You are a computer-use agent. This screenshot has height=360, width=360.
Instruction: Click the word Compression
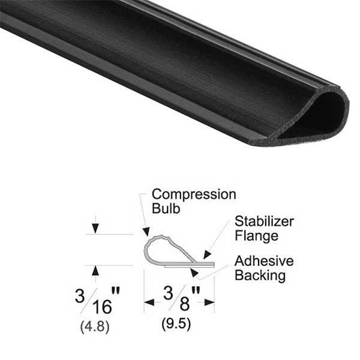point(193,194)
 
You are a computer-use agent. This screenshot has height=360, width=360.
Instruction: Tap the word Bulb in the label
point(165,209)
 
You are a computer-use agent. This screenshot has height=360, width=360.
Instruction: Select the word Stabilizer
point(264,221)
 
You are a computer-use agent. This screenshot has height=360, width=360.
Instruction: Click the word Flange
point(256,236)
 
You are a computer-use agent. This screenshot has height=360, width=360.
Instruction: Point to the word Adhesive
point(264,262)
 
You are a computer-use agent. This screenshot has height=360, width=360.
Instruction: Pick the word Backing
point(260,276)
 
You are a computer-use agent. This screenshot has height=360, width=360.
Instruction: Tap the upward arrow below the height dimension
point(95,271)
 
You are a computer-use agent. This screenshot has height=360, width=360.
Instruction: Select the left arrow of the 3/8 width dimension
point(149,302)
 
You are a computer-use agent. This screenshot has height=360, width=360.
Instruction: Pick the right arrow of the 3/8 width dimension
point(208,302)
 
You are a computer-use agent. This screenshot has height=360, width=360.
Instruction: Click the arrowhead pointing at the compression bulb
point(146,231)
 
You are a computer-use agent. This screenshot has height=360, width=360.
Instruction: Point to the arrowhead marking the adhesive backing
point(193,272)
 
